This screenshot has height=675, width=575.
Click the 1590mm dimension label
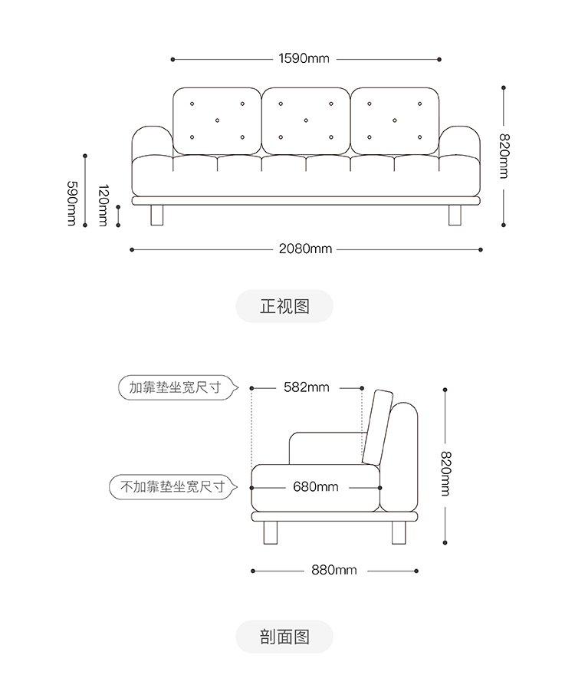304,58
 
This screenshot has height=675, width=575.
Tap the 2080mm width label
305,249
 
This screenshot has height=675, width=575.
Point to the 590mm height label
71,203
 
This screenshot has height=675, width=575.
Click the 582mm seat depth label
306,387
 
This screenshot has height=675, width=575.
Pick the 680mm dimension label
315,486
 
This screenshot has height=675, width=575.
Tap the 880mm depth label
333,570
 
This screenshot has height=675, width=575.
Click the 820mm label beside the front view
504,157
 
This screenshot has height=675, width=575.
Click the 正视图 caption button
284,306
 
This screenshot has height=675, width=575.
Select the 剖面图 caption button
284,637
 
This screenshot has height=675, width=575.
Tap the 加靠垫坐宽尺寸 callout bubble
175,387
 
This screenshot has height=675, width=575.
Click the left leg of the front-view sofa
158,215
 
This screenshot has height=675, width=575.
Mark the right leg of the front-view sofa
455,215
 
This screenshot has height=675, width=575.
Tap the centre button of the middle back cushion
306,120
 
